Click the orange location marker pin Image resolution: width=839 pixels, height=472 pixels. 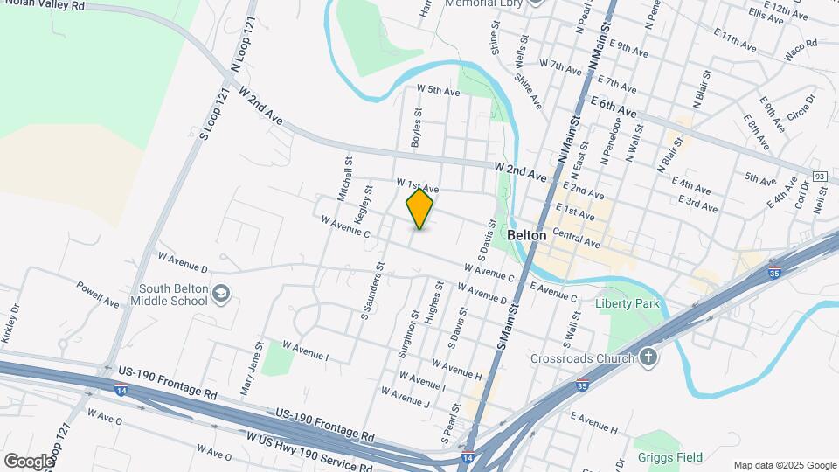[x=419, y=209]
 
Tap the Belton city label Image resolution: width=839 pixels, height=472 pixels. [x=526, y=235]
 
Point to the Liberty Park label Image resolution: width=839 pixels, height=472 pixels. [x=626, y=304]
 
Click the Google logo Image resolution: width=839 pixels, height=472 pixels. [x=29, y=461]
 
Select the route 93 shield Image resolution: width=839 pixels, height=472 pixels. [x=820, y=177]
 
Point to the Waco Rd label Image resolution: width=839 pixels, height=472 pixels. [x=800, y=44]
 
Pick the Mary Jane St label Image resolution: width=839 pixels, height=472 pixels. [x=250, y=367]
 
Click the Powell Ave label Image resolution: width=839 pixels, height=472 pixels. [x=96, y=294]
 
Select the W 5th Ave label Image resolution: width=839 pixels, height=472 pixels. [x=438, y=90]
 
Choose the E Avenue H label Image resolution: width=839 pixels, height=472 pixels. [x=593, y=424]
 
